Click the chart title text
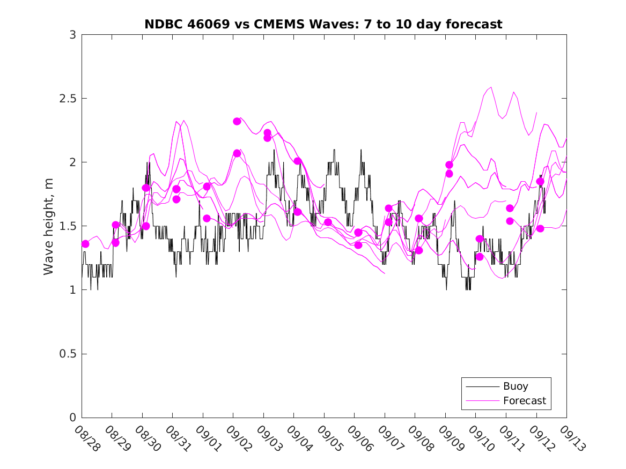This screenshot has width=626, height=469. pyautogui.click(x=323, y=24)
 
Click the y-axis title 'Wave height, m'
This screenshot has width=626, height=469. pyautogui.click(x=49, y=226)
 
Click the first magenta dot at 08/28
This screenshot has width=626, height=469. pyautogui.click(x=85, y=244)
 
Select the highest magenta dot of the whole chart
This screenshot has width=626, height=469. pyautogui.click(x=237, y=121)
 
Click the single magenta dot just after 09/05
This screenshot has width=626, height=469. pyautogui.click(x=328, y=222)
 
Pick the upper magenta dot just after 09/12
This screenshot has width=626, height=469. pyautogui.click(x=540, y=181)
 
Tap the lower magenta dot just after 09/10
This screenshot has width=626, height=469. pyautogui.click(x=480, y=257)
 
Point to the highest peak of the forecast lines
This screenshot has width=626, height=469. pyautogui.click(x=491, y=86)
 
